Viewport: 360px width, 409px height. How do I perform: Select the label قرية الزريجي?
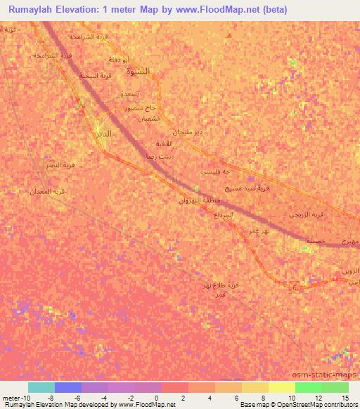pos(308,214)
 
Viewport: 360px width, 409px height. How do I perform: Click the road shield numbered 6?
pos(295,287)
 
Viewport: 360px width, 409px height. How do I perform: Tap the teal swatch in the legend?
pos(41,387)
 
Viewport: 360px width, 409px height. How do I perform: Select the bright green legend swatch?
pos(308,387)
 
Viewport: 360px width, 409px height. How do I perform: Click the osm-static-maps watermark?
pos(327,376)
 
